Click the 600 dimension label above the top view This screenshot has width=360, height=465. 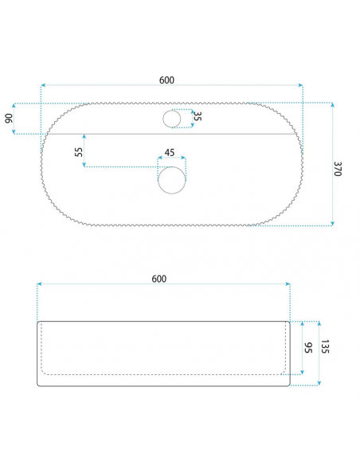[166, 80]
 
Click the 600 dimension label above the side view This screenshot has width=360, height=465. [159, 279]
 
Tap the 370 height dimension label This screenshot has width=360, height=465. [338, 169]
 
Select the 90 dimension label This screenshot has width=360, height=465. [10, 119]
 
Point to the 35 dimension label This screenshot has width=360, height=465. [198, 116]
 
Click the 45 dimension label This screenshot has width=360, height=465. [170, 153]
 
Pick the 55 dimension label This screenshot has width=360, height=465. [79, 152]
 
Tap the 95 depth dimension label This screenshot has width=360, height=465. [308, 348]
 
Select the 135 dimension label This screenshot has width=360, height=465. [325, 346]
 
